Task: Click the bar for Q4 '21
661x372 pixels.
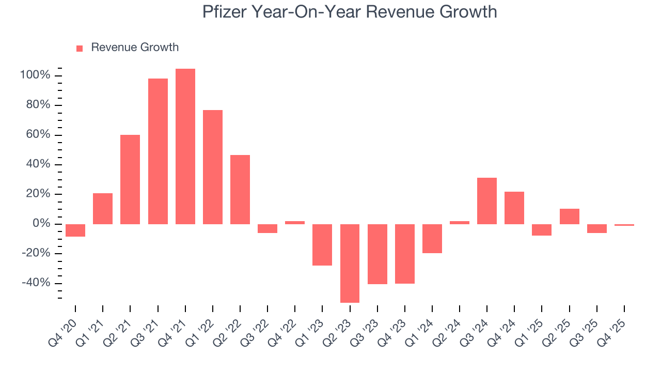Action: point(185,146)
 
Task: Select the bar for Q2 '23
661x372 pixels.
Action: point(350,263)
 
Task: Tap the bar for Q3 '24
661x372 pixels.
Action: point(487,200)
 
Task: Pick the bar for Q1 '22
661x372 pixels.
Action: point(213,167)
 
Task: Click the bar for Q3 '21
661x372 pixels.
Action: point(158,151)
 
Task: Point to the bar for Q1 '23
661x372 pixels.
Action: point(322,244)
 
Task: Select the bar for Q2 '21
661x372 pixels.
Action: point(130,179)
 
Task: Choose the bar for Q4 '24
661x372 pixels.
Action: point(514,208)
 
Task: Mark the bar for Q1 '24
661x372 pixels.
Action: point(432,238)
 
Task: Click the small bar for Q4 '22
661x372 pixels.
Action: point(295,223)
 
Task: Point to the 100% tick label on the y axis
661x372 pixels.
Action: point(35,75)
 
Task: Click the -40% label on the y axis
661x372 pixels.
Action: point(36,283)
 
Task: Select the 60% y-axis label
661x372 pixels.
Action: point(38,135)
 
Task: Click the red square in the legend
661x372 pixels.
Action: point(80,49)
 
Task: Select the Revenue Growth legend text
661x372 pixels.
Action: point(135,48)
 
